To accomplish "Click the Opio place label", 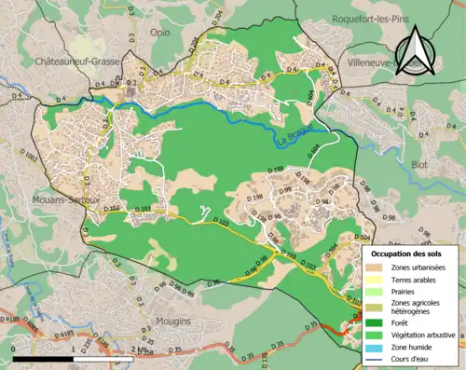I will pos(159,31).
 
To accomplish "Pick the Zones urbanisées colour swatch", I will pos(377,268).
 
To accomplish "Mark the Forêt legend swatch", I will pos(377,323).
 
